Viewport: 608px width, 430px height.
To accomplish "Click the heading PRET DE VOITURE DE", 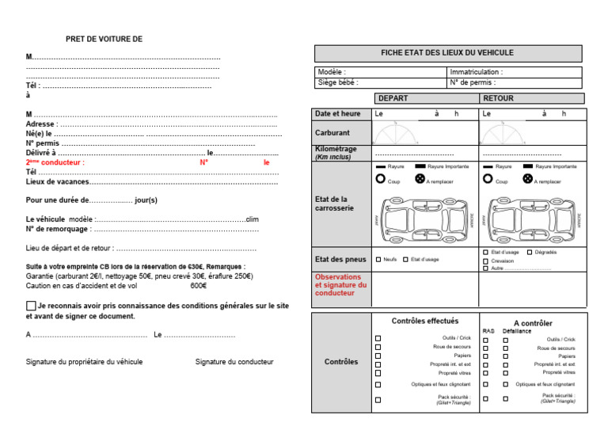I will coord(104,39).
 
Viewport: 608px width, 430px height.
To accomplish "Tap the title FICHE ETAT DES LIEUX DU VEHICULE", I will coord(447,53).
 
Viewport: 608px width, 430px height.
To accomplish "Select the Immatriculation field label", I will coord(476,72).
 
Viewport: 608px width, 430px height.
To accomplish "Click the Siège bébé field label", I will coord(338,82).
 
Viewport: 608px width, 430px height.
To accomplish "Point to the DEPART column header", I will coord(393,99).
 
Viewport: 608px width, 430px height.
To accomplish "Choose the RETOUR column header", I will coord(498,99).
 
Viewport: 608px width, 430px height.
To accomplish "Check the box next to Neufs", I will coord(378,260).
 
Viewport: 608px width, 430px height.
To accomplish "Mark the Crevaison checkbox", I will coord(485,260).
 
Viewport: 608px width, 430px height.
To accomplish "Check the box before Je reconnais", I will coord(31,306).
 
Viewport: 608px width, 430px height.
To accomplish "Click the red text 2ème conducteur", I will coord(55,162).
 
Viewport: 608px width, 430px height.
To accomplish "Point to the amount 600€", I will coord(198,286).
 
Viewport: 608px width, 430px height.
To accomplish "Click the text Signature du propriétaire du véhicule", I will coord(84,362).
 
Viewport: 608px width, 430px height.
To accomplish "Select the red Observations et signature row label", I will coord(339,285).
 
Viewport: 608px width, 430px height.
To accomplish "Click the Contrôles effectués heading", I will coord(424,322).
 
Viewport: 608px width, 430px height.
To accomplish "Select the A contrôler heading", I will coord(533,323).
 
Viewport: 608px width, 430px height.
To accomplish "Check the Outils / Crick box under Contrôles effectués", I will coord(378,339).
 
